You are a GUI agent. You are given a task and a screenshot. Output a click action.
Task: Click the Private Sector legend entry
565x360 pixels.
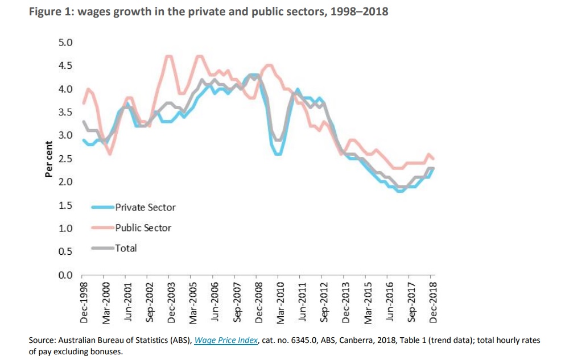point(145,208)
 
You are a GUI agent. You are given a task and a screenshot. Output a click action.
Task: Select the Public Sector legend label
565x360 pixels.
point(143,228)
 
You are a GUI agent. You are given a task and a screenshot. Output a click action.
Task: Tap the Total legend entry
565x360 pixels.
point(126,248)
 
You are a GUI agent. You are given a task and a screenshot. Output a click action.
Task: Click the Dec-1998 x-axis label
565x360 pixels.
point(84,303)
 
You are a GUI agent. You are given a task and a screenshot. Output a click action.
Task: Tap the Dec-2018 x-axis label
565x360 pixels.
point(434,303)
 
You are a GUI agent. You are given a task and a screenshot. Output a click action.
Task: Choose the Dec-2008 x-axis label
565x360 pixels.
point(258,303)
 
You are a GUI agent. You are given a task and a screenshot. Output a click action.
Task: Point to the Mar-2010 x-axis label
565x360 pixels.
point(280,303)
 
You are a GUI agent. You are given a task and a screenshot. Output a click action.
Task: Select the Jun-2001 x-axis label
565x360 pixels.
point(127,303)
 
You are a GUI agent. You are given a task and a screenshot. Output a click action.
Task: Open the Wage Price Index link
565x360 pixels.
point(226,341)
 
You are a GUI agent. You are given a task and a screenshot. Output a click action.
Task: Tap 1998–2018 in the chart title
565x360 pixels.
point(358,11)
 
